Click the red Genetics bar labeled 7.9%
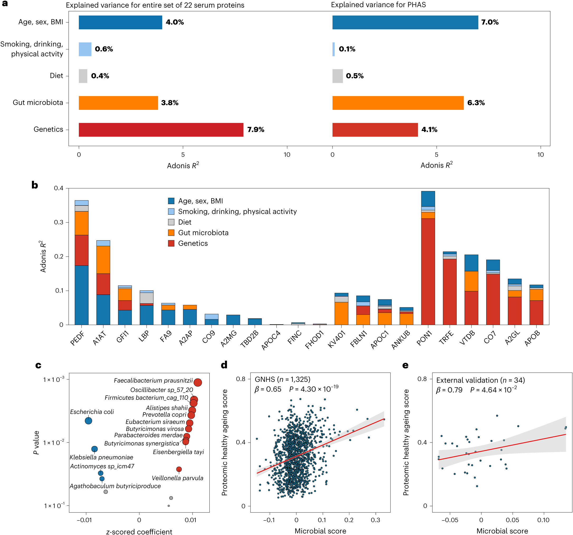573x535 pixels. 161,130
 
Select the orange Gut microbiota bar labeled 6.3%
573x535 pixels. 398,103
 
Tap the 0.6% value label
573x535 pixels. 104,49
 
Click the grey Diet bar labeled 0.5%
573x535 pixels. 338,76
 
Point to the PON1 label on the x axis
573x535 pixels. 425,339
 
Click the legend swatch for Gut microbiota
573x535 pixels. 171,233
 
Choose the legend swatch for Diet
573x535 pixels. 171,222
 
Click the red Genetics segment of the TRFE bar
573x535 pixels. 450,292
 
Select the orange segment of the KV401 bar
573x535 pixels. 341,313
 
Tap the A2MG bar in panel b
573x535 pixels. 233,320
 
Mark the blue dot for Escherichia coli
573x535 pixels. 89,421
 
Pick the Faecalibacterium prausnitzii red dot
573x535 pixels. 198,382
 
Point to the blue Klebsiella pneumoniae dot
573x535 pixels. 94,449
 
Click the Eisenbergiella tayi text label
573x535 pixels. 178,452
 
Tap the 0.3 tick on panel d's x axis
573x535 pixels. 375,520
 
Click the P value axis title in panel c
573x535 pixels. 36,442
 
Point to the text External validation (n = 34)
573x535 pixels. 480,380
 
